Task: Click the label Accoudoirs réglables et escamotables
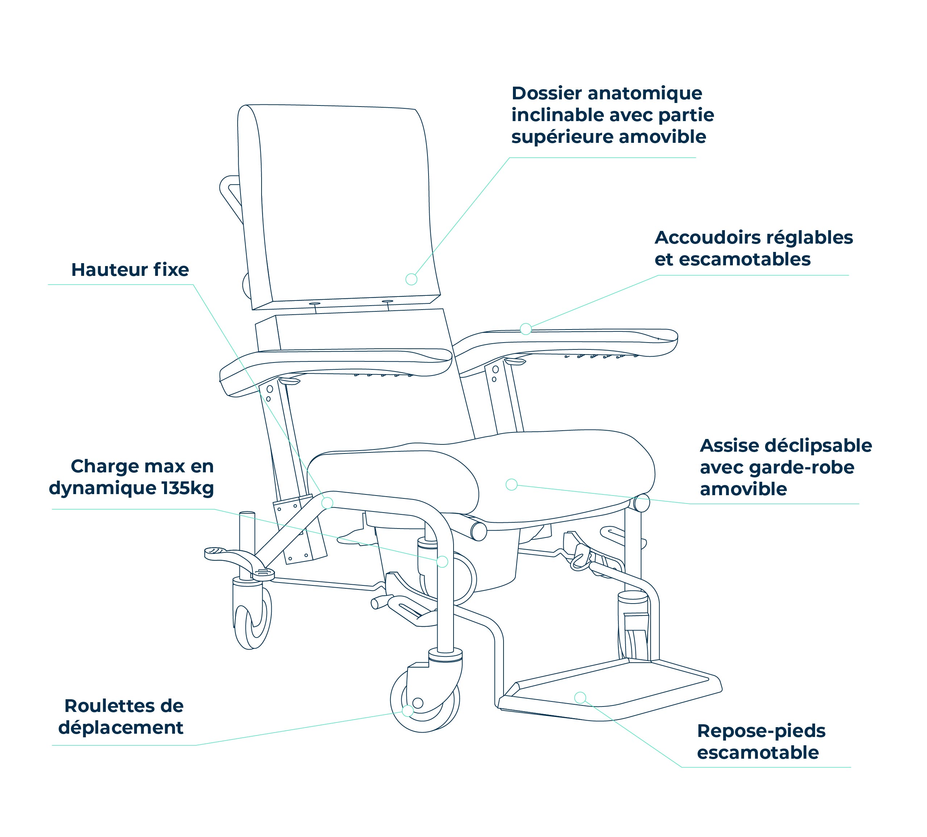[754, 248]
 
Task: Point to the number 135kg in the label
[188, 488]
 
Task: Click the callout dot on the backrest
[412, 279]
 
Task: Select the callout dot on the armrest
[526, 329]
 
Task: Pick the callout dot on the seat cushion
[511, 484]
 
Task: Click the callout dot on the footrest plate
[580, 698]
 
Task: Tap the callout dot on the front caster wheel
[408, 711]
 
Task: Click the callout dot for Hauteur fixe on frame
[327, 503]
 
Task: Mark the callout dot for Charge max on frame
[442, 562]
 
